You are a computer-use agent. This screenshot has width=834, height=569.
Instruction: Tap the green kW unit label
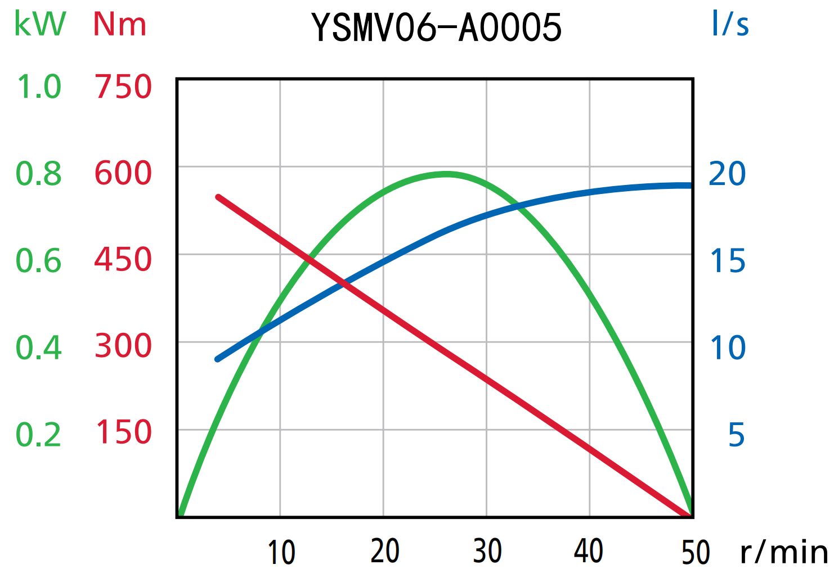39,24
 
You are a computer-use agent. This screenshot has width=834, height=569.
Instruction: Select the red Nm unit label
119,24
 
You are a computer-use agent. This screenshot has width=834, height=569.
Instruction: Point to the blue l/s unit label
730,24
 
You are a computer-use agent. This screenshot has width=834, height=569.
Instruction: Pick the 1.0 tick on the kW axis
38,87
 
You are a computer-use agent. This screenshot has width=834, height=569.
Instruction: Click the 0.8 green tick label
38,174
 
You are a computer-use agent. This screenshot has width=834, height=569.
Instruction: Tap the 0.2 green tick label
38,435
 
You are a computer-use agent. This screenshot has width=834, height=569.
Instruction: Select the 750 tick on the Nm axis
123,87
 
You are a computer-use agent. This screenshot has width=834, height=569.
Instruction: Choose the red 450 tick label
123,260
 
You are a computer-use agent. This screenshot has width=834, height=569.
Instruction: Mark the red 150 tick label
123,432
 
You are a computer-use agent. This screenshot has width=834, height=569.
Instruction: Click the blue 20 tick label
727,174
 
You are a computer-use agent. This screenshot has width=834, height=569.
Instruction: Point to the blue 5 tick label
736,435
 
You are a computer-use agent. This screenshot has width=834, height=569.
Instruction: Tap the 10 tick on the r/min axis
281,552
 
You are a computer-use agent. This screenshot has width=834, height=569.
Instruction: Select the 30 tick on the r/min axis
487,551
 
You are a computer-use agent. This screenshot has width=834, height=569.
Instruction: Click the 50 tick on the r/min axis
695,552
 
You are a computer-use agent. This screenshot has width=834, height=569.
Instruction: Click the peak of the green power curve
446,174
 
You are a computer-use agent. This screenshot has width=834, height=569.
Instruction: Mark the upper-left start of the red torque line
218,197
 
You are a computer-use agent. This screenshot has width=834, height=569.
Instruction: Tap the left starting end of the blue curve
218,359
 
